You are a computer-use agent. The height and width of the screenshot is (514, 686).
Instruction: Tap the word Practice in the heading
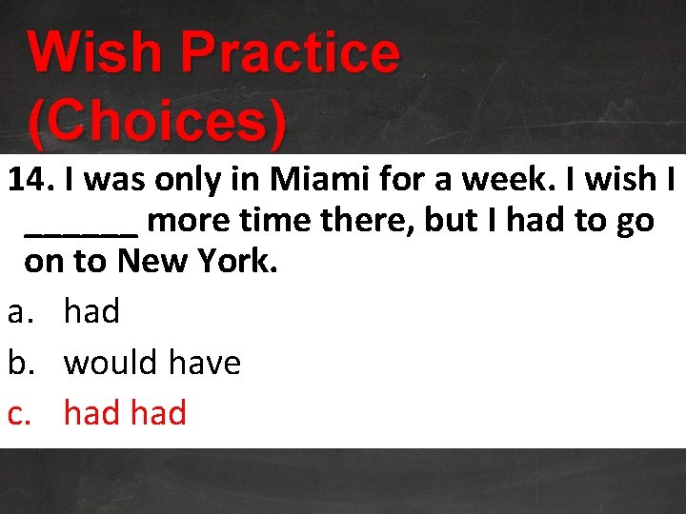293,53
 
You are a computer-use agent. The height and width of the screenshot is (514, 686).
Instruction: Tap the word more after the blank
189,221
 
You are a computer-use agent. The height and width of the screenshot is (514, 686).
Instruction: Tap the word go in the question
634,223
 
